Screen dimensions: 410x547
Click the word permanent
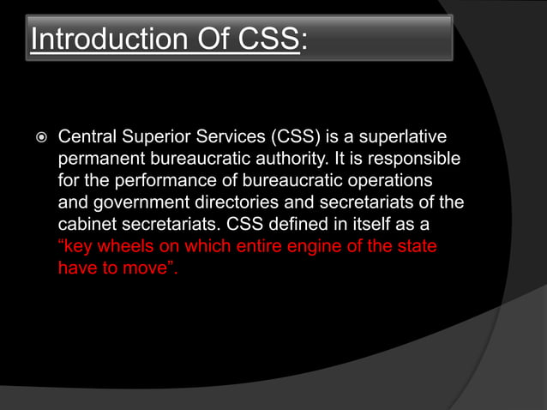pos(99,160)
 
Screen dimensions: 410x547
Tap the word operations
pos(391,182)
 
